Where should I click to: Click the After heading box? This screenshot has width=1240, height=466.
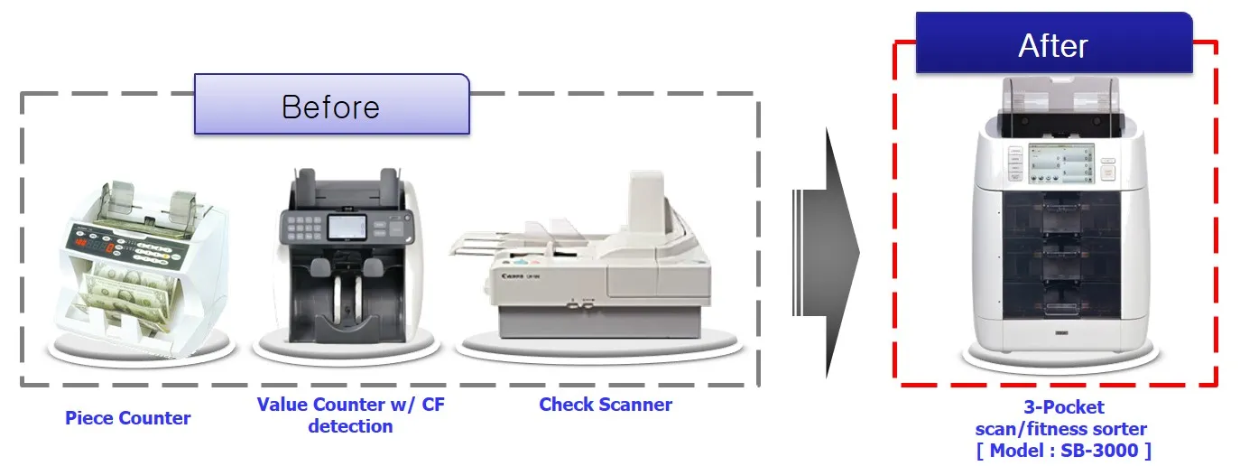pos(1053,43)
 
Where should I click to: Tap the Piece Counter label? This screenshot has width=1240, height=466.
pos(127,418)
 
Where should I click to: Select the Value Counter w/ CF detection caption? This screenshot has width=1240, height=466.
pos(350,415)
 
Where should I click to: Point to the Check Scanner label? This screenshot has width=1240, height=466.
pos(605,405)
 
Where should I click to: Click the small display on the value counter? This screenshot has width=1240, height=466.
pos(340,225)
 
